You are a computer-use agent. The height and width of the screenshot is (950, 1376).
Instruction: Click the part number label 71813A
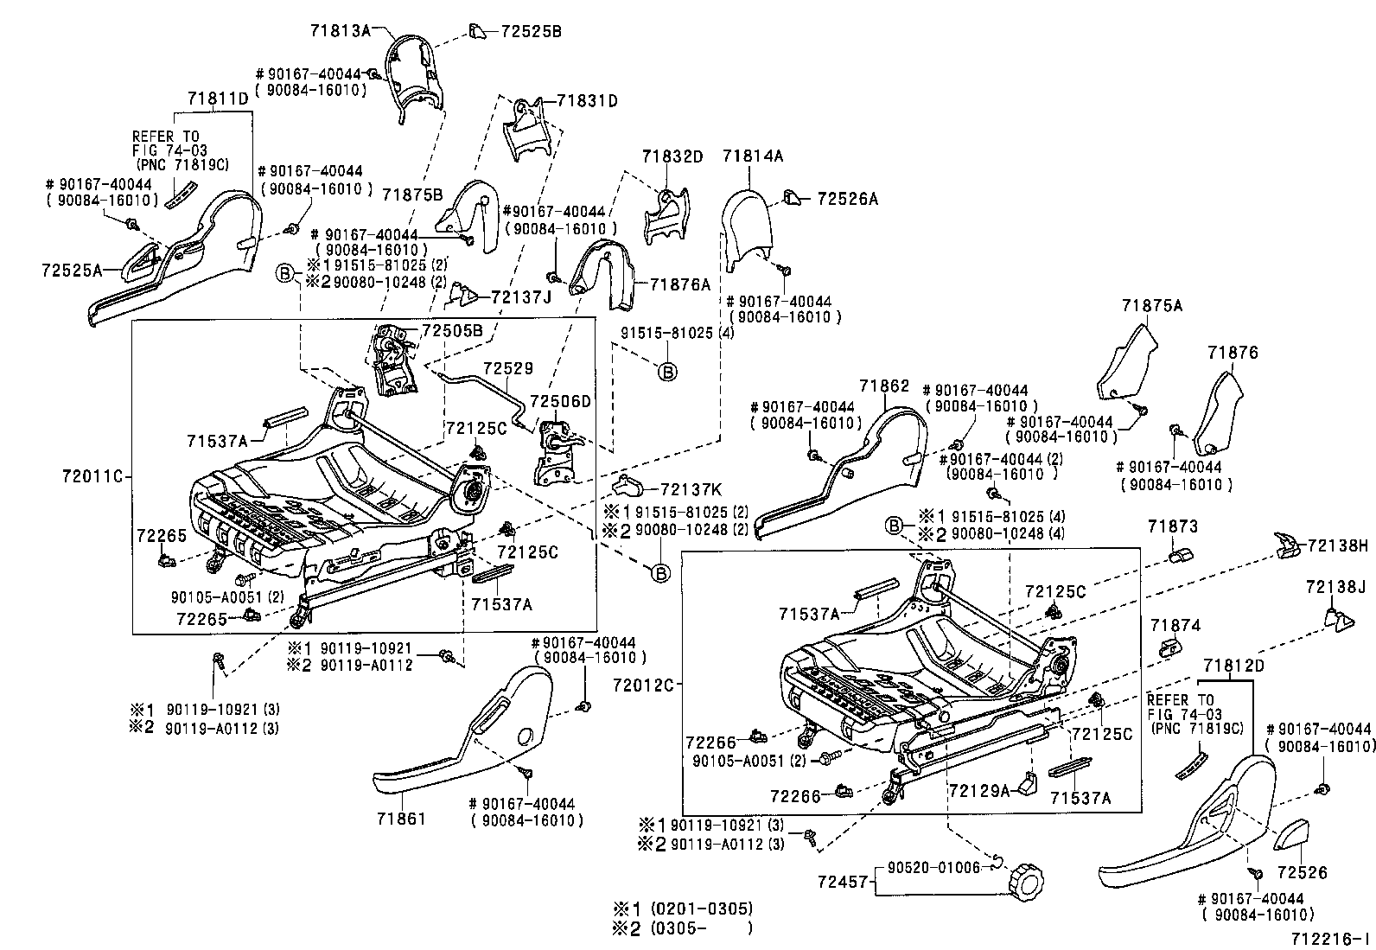tap(340, 31)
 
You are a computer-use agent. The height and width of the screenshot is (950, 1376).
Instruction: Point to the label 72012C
tap(645, 685)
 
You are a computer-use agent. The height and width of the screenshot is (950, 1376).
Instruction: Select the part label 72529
tap(507, 368)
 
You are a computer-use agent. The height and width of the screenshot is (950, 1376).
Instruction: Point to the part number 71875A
tap(1152, 306)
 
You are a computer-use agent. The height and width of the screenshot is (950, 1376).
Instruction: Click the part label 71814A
tap(753, 156)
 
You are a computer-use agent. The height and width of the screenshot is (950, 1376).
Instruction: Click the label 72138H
tap(1338, 545)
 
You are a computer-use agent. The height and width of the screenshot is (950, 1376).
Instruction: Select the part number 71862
tap(884, 386)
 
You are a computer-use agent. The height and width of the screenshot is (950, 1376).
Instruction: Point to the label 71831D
tap(587, 100)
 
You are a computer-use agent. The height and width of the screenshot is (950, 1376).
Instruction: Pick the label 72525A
tap(71, 270)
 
